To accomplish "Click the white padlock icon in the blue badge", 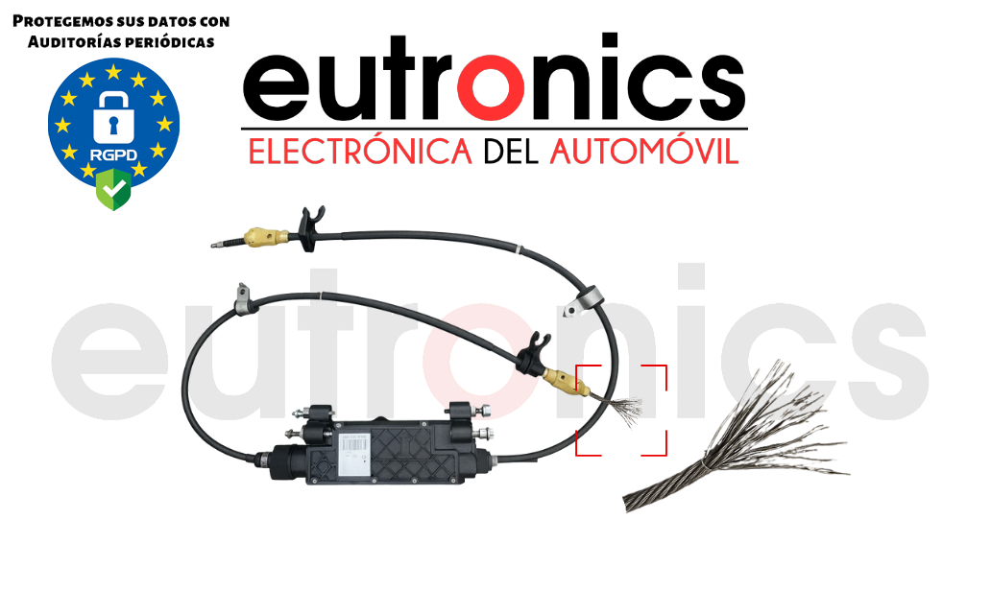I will tap(113, 114).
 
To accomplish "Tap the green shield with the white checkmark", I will tap(112, 189).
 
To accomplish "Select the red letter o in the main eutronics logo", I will tap(485, 83).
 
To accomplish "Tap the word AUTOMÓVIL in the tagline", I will tap(643, 152).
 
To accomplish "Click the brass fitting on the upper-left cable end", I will tap(266, 235).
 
